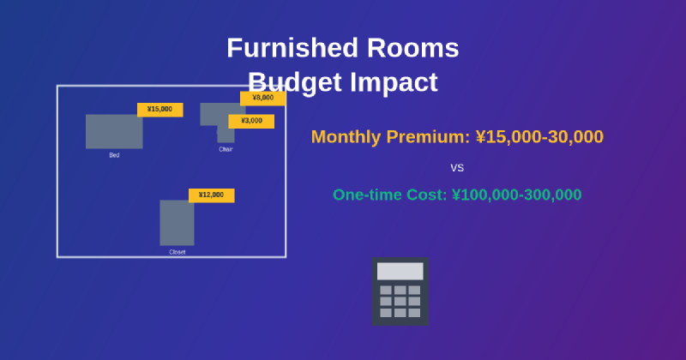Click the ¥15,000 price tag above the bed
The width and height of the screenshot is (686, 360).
(x=159, y=110)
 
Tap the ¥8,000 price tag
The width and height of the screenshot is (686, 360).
(x=262, y=98)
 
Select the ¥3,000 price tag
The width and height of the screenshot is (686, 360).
(x=251, y=121)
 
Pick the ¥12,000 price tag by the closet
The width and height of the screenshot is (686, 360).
(x=211, y=195)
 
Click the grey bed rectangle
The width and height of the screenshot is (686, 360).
(x=114, y=131)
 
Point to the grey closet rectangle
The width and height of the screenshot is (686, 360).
(x=177, y=223)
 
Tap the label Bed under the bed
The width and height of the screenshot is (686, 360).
(x=114, y=155)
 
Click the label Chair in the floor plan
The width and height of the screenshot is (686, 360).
(x=226, y=149)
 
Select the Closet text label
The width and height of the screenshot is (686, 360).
(x=177, y=252)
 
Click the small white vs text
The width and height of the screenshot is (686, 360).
(x=457, y=167)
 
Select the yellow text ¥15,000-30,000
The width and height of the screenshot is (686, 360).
(x=539, y=137)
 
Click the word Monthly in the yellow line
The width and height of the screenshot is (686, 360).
(x=346, y=137)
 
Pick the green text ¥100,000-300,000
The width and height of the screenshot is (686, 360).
(x=516, y=195)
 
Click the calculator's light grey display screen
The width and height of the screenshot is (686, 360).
(x=400, y=271)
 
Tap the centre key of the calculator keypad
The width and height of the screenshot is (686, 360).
(x=400, y=301)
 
